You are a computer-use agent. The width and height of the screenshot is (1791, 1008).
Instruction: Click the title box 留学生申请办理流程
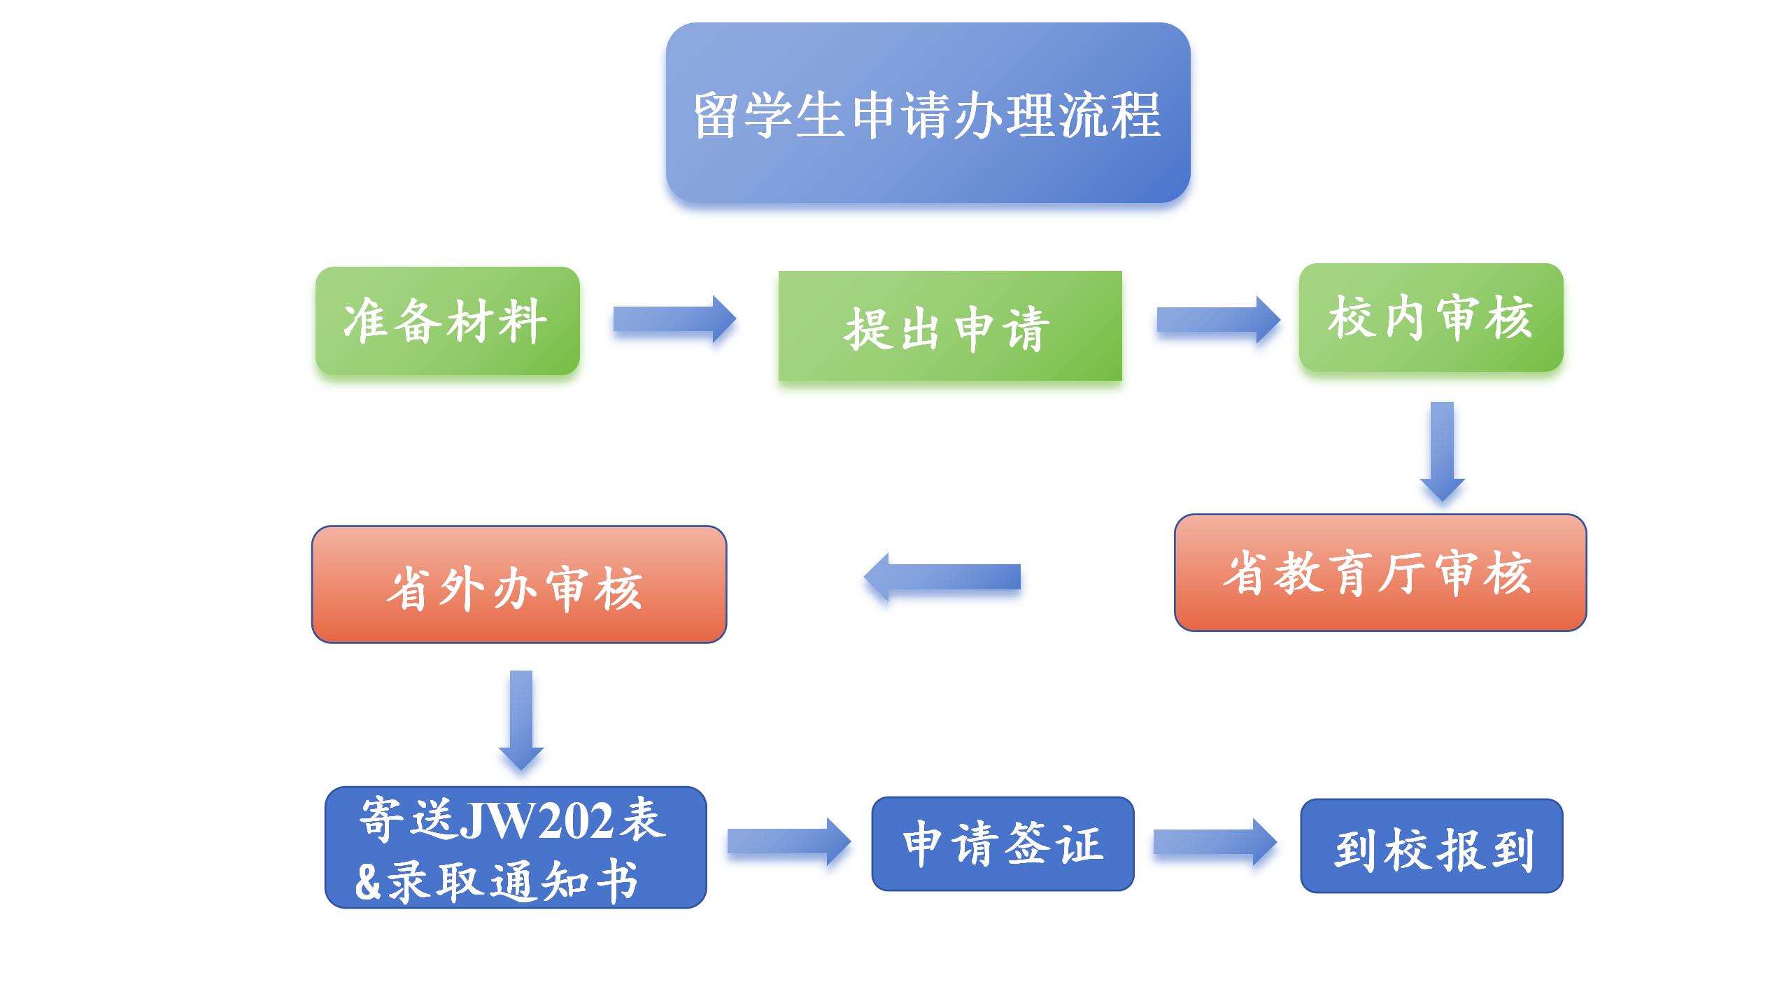tap(928, 113)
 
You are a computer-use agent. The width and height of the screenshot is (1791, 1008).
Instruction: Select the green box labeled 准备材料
tap(447, 321)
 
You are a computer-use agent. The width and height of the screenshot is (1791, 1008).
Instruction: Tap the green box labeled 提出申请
tap(949, 326)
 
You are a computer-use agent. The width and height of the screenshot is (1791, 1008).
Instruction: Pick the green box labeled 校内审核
tap(1431, 317)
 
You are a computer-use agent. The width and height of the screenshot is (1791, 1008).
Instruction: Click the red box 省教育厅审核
tap(1380, 573)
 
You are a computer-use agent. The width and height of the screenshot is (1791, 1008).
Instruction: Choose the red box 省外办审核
tap(518, 584)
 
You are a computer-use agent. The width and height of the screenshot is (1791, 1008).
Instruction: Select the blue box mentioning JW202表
tap(516, 847)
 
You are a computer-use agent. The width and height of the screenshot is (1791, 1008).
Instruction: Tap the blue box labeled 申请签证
tap(1002, 843)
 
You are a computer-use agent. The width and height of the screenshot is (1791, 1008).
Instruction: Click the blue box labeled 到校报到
tap(1431, 846)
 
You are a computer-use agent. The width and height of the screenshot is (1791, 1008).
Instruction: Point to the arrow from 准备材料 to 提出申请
tap(674, 319)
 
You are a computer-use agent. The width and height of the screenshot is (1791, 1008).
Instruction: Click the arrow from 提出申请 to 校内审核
tap(1217, 319)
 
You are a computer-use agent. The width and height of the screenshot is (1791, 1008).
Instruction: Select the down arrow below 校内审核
tap(1442, 451)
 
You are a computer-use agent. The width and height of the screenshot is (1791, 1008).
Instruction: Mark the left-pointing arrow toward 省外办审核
tap(942, 577)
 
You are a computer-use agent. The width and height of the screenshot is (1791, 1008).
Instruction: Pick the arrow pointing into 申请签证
tap(788, 841)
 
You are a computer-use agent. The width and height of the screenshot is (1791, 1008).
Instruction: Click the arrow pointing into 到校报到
tap(1215, 841)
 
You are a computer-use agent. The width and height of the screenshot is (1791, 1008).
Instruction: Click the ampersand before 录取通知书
tap(369, 882)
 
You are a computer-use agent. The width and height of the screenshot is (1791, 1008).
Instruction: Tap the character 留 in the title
tap(717, 115)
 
